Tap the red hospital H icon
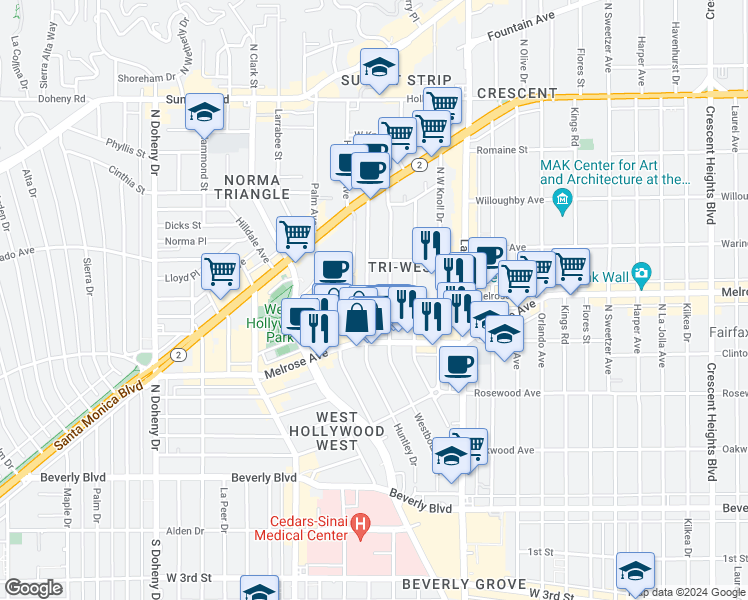pyautogui.click(x=362, y=522)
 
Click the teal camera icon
pyautogui.click(x=640, y=273)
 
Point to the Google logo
pyautogui.click(x=34, y=588)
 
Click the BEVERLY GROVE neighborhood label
pyautogui.click(x=464, y=584)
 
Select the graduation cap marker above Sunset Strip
pyautogui.click(x=379, y=68)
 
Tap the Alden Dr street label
pyautogui.click(x=185, y=531)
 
